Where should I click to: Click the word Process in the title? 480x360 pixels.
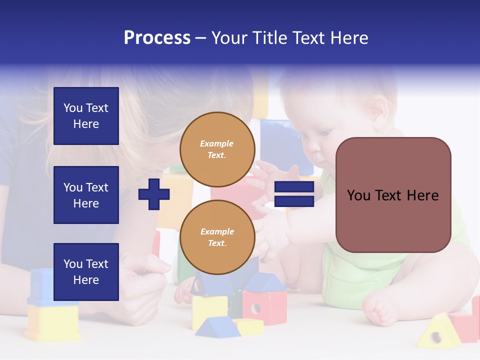pyautogui.click(x=157, y=38)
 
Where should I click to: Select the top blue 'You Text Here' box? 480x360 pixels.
pyautogui.click(x=86, y=116)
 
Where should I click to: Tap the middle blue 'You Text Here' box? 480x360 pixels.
pyautogui.click(x=86, y=195)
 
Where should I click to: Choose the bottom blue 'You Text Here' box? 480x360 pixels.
pyautogui.click(x=86, y=272)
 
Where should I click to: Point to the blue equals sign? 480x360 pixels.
pyautogui.click(x=294, y=194)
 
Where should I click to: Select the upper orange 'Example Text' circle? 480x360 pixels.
pyautogui.click(x=217, y=149)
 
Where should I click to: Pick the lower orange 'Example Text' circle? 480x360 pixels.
pyautogui.click(x=217, y=237)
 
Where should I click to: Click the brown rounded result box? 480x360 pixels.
pyautogui.click(x=393, y=195)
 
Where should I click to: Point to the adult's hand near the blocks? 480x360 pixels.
pyautogui.click(x=145, y=280)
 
